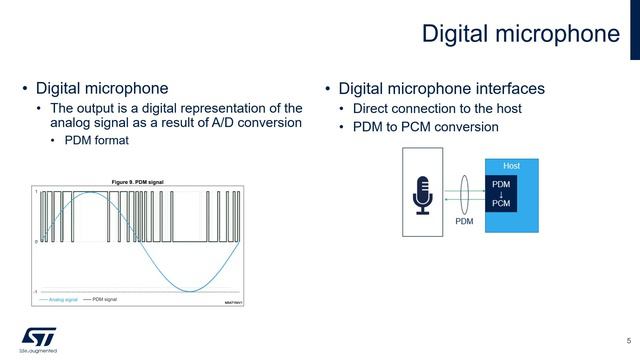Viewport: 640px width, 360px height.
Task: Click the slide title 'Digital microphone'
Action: (520, 34)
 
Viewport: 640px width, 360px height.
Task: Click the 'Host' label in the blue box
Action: (510, 165)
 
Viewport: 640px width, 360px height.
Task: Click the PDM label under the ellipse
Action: (464, 221)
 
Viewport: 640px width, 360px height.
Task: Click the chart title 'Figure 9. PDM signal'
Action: (137, 181)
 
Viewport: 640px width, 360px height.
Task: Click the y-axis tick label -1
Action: (36, 292)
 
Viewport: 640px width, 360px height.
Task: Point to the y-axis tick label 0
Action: (36, 241)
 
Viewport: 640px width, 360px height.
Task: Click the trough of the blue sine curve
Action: (190, 291)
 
